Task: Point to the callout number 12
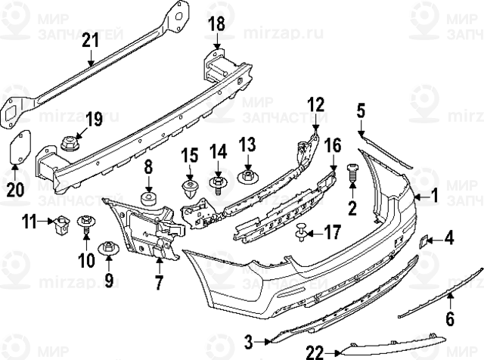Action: point(315,104)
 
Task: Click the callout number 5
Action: point(361,113)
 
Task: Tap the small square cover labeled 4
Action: point(423,241)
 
